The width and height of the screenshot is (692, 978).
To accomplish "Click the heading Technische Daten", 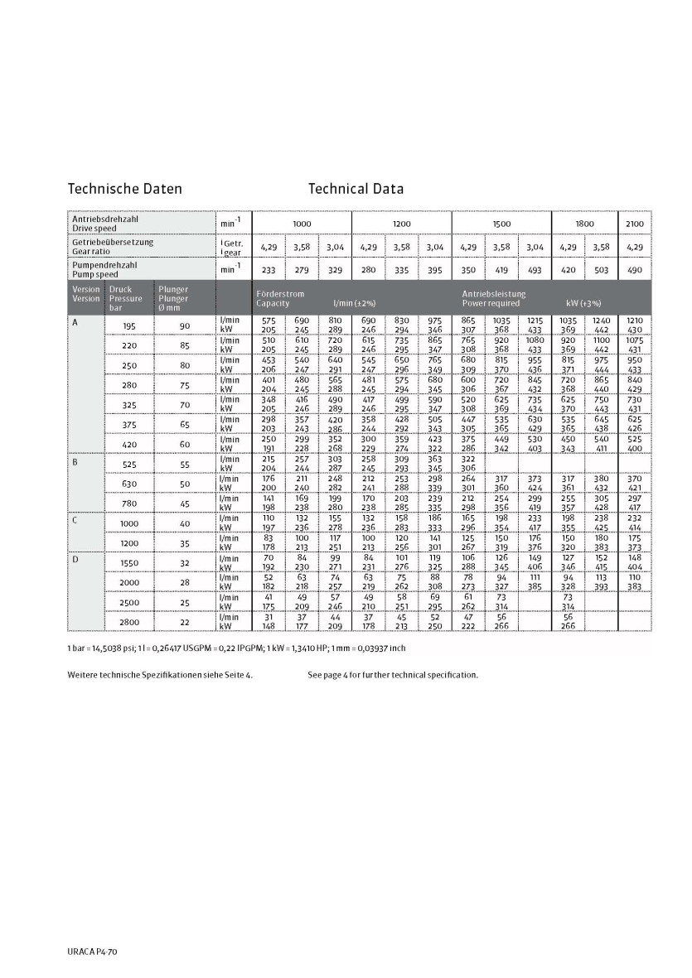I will pos(124,189).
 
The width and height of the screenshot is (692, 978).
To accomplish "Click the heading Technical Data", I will pos(356,189).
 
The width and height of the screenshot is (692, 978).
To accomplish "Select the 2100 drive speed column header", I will pos(634,224).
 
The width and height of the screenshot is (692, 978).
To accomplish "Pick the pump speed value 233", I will pos(269,269).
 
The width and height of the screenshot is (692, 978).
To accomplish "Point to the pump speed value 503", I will pos(601,269).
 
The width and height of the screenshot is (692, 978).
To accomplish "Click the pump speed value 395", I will pos(434,269).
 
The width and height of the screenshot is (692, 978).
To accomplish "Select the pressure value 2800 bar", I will pos(129,622).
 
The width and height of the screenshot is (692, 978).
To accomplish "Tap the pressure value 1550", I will pos(129,562).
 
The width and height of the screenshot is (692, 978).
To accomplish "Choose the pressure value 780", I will pos(129,503).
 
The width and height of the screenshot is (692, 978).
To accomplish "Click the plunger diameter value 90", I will pos(184,325).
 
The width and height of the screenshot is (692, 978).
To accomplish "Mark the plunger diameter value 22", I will pos(184,622).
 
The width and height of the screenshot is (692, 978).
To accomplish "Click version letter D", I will pos(75,560).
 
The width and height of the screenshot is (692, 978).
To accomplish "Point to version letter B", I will pos(75,460).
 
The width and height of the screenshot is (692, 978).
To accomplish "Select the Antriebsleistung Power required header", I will pos(493,298).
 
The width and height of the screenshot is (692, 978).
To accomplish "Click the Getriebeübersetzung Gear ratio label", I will pos(112,246).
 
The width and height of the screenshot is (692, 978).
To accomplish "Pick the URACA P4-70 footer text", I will pos(93,953).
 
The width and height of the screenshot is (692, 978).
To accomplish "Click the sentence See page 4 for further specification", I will pos(393,675).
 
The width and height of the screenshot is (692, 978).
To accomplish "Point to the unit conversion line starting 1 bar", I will pos(236,648).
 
